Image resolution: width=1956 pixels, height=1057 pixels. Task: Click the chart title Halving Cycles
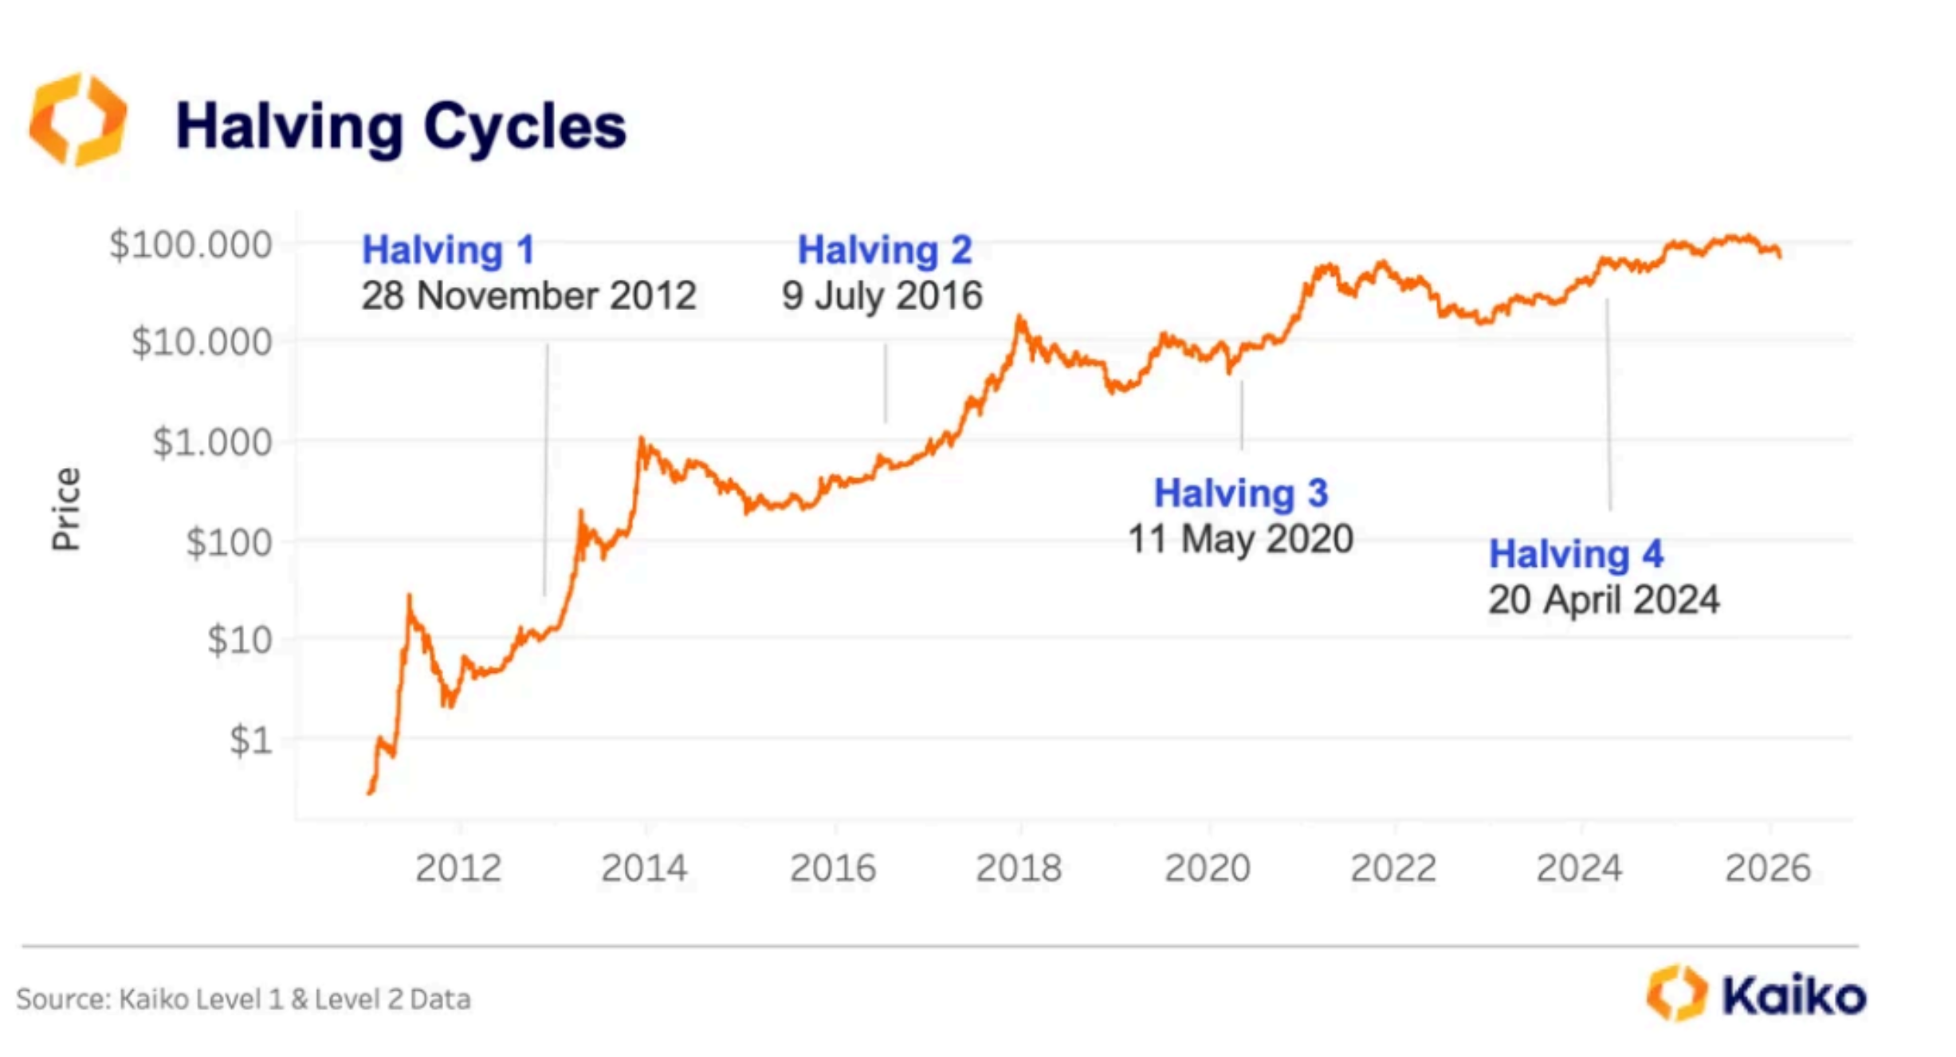tap(401, 127)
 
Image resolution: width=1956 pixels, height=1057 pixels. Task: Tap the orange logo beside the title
tap(78, 120)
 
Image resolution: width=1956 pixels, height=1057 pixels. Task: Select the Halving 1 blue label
tap(448, 250)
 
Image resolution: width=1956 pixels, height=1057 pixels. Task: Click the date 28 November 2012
tap(528, 296)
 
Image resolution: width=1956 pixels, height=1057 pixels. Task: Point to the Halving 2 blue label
tap(885, 250)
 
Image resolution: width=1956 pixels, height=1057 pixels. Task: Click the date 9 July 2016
tap(882, 296)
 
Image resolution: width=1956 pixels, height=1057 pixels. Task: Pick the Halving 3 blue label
tap(1241, 493)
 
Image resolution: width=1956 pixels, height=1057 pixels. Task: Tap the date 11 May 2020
tap(1240, 539)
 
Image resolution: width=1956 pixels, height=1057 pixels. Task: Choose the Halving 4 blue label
tap(1576, 555)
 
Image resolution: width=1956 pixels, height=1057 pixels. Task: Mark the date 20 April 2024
tap(1604, 600)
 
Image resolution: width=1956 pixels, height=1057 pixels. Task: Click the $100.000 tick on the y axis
tap(191, 245)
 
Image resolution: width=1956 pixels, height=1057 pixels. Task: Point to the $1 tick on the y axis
tap(251, 741)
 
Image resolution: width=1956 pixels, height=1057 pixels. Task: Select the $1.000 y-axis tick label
tap(212, 442)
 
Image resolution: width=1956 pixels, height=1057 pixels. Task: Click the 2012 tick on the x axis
tap(458, 868)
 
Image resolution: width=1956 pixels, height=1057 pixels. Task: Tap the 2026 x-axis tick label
tap(1767, 868)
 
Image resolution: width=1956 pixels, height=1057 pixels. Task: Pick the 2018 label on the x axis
tap(1019, 868)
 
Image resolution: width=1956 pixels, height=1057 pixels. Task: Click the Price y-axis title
tap(66, 509)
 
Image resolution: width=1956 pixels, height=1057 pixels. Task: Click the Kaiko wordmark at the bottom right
tap(1793, 996)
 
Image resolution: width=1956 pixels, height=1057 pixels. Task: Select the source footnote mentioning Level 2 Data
tap(243, 999)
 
